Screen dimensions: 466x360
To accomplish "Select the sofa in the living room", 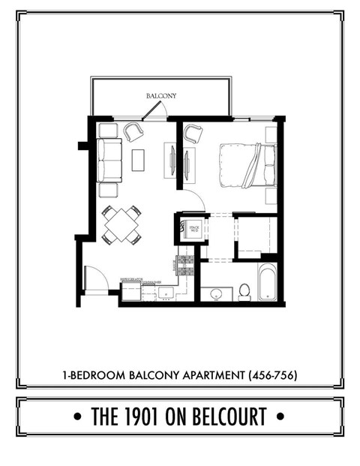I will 109,161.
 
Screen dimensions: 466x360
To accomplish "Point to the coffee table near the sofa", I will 138,160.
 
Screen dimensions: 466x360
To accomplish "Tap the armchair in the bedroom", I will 193,134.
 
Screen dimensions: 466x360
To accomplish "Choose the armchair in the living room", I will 133,132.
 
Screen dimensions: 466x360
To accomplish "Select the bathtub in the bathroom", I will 268,283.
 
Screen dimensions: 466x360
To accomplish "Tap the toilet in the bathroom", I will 244,291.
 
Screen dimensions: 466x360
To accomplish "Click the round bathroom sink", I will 216,294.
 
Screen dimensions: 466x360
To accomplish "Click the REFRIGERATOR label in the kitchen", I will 132,280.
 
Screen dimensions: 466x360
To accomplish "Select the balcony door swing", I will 153,112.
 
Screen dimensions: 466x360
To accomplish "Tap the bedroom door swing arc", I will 194,201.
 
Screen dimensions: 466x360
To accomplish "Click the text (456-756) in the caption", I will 274,373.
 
